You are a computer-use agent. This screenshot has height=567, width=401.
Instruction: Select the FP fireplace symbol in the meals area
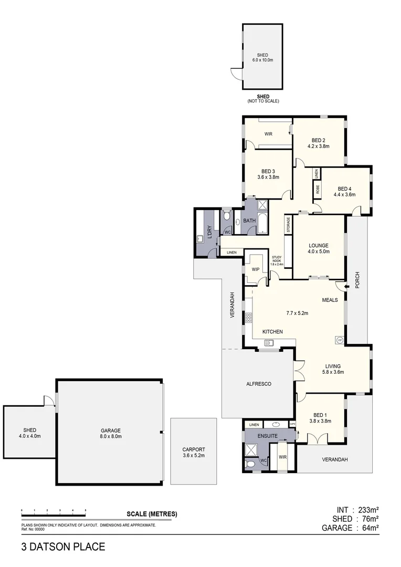pos(340,340)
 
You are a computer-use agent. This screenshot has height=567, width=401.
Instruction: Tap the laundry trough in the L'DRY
pos(200,239)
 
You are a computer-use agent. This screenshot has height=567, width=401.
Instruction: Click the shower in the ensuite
pos(253,449)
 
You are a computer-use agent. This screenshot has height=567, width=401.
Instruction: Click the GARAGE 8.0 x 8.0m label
pos(110,433)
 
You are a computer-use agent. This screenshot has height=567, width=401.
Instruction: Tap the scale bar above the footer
pos(53,511)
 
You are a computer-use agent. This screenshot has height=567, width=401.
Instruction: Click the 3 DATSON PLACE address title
pos(63,547)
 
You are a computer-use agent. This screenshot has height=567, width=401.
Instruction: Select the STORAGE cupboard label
pos(288,225)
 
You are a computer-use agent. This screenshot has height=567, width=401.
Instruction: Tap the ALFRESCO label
pos(258,384)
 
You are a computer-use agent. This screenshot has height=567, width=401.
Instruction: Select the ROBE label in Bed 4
pos(318,188)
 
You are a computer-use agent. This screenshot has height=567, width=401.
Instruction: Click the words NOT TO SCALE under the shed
pos(263,101)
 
